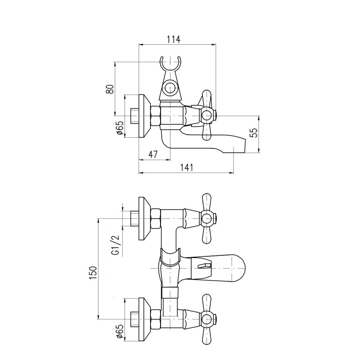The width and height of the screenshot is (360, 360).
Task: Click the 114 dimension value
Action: click(173, 39)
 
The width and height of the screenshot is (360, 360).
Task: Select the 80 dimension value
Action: click(109, 89)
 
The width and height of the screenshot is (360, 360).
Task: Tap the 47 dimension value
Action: click(153, 155)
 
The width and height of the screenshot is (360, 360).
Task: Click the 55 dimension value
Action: click(254, 133)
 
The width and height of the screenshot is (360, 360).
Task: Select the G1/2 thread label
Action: click(115, 245)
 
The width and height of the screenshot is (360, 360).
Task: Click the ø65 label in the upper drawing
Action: click(119, 128)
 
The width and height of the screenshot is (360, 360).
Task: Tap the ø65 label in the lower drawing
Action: click(119, 332)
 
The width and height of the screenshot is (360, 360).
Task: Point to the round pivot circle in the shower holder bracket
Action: click(170, 88)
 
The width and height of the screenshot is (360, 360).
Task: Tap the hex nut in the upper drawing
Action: click(155, 116)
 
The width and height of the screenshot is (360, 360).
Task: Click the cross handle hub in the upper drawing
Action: click(207, 115)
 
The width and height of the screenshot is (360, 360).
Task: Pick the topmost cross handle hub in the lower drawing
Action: click(207, 218)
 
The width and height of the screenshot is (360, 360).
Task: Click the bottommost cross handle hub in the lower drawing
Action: click(207, 319)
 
